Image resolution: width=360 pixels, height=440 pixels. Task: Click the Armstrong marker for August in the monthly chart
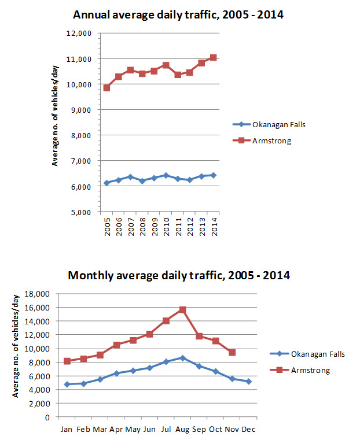[182, 310]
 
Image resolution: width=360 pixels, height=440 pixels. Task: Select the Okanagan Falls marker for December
[248, 382]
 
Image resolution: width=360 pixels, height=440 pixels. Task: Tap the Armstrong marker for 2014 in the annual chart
[213, 57]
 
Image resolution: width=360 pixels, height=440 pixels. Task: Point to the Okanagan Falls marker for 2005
[106, 183]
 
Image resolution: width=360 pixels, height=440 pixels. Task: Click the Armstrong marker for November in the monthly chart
[232, 352]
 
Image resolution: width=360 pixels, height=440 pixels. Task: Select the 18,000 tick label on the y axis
[42, 294]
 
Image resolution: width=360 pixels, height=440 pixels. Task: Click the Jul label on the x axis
[166, 429]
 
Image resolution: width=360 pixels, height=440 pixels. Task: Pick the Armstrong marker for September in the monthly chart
[199, 336]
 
